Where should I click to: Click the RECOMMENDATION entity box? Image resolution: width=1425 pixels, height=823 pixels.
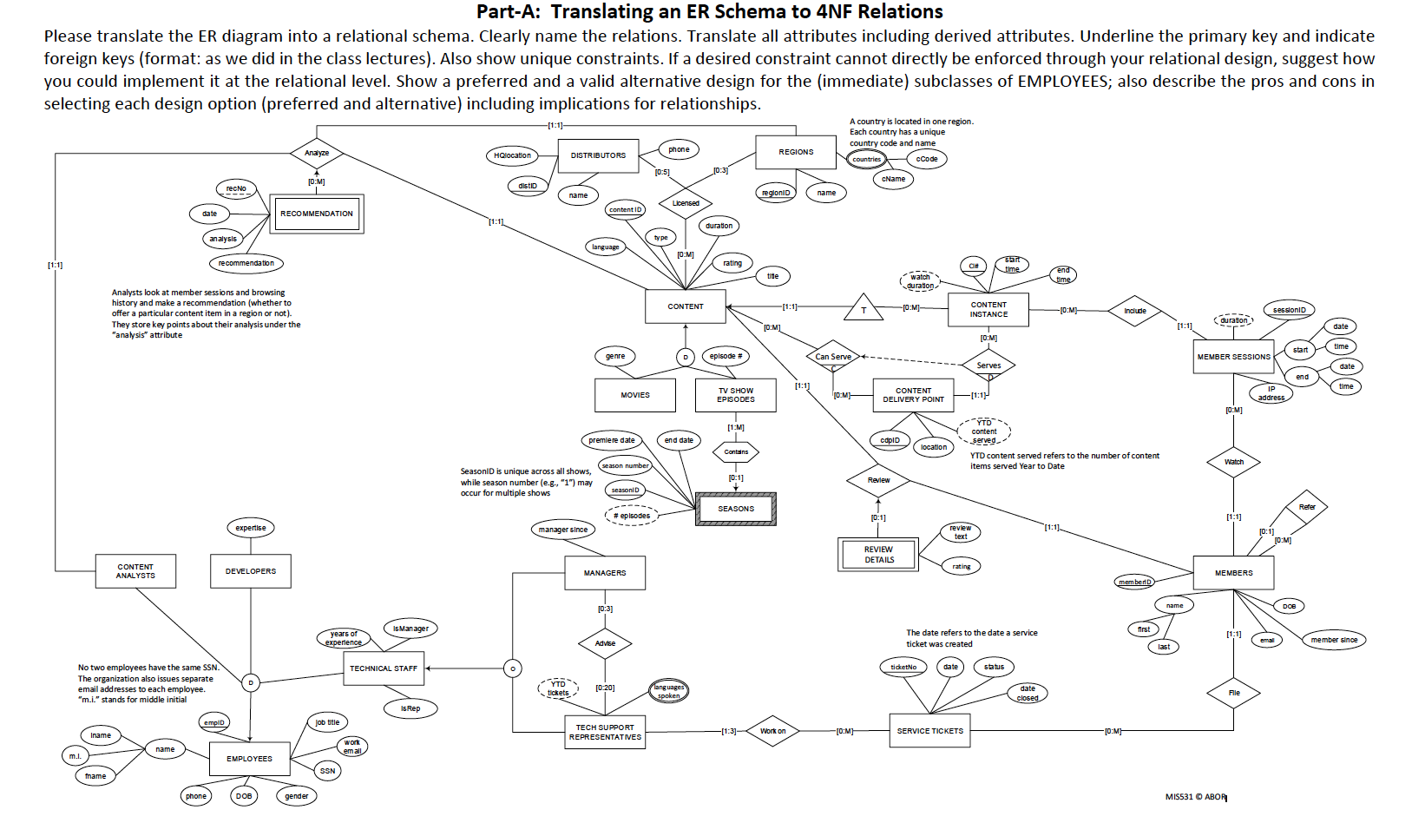tap(317, 214)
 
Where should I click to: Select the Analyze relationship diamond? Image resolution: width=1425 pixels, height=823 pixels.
tap(317, 153)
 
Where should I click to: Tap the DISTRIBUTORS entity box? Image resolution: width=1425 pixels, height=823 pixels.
tap(598, 155)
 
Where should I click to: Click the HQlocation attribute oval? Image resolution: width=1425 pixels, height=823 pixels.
tap(512, 155)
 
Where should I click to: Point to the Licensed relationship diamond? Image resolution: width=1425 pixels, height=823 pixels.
tap(686, 203)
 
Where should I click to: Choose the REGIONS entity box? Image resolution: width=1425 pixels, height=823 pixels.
tap(796, 152)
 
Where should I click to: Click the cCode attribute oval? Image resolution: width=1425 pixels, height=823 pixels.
tap(927, 159)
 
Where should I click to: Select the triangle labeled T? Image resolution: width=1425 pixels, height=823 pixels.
tap(864, 309)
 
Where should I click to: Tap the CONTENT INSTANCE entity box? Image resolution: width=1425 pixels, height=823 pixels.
tap(988, 309)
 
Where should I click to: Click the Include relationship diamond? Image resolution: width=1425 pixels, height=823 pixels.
tap(1135, 311)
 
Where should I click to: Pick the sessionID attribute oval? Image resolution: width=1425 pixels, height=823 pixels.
tap(1290, 310)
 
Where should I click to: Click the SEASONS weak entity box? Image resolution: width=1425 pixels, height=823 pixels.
tap(736, 509)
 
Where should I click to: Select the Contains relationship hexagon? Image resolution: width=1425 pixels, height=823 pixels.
tap(736, 451)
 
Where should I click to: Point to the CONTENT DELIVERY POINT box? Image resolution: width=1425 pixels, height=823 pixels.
tap(913, 395)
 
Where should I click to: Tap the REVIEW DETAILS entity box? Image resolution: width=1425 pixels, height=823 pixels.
tap(878, 555)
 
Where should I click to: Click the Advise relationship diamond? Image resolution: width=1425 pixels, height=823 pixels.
tap(605, 643)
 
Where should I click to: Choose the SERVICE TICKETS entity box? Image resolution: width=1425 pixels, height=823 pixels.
tap(929, 731)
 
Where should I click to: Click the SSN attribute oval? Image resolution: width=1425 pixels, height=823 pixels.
tap(327, 771)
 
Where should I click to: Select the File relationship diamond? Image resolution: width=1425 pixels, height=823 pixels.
tap(1233, 693)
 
